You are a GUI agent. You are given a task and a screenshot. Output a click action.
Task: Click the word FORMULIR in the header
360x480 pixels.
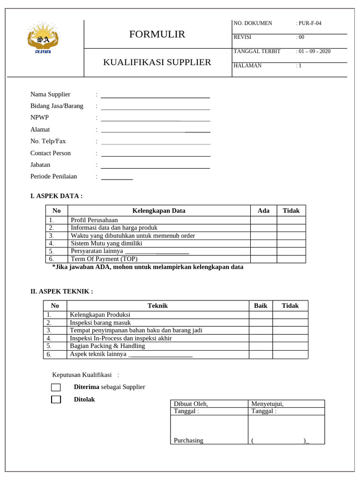click(x=157, y=34)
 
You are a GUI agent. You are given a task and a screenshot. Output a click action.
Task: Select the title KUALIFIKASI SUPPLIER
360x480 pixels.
click(x=157, y=62)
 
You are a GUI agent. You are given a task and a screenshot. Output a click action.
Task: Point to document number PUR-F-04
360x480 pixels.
click(x=310, y=23)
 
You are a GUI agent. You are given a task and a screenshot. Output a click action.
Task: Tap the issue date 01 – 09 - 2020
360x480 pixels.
click(x=314, y=52)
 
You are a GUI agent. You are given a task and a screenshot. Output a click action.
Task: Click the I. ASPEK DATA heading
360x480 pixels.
click(x=56, y=196)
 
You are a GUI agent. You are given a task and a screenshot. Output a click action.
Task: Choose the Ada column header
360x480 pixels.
click(x=263, y=210)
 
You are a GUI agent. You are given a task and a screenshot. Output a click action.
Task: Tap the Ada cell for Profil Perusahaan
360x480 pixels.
click(x=263, y=220)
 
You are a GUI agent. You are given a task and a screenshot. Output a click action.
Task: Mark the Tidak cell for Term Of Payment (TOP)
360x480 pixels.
click(x=291, y=259)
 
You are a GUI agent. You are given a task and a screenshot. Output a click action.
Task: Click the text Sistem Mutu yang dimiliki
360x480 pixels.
click(x=106, y=243)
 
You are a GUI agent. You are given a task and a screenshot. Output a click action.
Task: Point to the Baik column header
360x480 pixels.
click(x=261, y=306)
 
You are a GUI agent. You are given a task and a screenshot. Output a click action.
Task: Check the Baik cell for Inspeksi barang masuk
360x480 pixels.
click(x=261, y=322)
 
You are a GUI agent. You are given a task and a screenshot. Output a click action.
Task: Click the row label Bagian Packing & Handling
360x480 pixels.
click(x=107, y=346)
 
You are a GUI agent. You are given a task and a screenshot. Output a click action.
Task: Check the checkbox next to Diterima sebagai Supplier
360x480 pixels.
click(x=56, y=387)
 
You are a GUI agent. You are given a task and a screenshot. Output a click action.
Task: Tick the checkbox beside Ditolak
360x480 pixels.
click(x=56, y=399)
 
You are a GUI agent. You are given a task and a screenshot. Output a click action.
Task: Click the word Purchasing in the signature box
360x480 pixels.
click(x=188, y=440)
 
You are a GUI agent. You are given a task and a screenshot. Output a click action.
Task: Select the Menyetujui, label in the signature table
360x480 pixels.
click(x=267, y=404)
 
